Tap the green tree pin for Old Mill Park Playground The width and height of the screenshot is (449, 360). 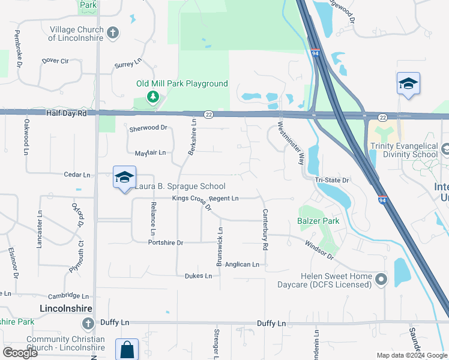click(x=153, y=97)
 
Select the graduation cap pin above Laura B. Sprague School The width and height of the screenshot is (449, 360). click(x=124, y=177)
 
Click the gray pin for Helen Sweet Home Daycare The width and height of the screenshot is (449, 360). click(x=381, y=279)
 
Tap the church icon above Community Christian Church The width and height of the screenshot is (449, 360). click(x=88, y=325)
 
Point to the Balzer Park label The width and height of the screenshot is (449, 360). click(x=318, y=221)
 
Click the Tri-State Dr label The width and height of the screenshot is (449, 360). click(x=332, y=179)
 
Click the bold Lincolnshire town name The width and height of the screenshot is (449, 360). click(x=65, y=308)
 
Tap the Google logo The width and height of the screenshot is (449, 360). click(x=20, y=353)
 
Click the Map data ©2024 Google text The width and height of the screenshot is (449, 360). click(x=412, y=355)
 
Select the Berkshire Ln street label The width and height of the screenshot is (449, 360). click(x=192, y=137)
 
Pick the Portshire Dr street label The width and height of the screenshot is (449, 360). click(x=165, y=242)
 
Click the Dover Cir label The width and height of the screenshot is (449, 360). click(x=55, y=61)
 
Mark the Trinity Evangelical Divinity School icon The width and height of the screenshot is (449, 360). click(x=445, y=148)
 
